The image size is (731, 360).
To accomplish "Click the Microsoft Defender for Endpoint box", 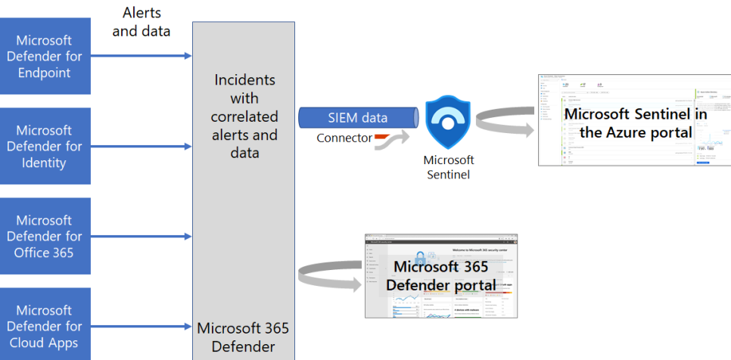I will (x=45, y=57).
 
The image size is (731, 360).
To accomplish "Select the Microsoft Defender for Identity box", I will (x=45, y=146).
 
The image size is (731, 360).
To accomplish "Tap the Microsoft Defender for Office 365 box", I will (x=45, y=236).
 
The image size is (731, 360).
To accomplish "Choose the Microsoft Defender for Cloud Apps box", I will (x=45, y=325).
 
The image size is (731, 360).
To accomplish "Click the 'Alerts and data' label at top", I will (x=142, y=22).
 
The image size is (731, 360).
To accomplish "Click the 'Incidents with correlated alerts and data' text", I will (x=244, y=116).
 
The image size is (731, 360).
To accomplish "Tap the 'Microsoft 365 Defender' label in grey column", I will (x=243, y=338).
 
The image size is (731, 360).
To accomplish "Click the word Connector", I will (x=344, y=138).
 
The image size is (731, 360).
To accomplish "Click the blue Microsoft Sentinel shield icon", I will (x=449, y=120).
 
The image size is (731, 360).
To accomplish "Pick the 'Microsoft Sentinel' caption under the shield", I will (x=449, y=167).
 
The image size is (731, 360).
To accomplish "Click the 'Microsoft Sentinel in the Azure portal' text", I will (x=636, y=123).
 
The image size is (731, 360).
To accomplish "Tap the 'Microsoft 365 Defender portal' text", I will (x=441, y=276).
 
